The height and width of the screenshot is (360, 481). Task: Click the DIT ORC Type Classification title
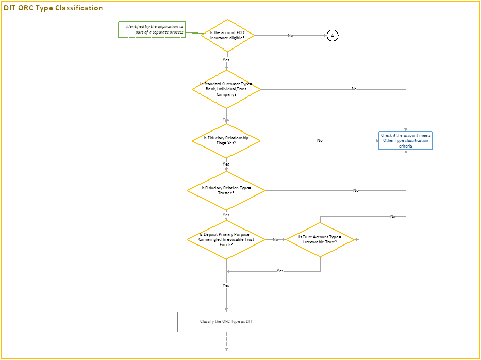pyautogui.click(x=54, y=8)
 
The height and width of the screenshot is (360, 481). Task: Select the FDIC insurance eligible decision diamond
pyautogui.click(x=226, y=36)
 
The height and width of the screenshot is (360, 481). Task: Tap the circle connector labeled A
pyautogui.click(x=333, y=35)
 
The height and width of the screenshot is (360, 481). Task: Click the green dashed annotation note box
pyautogui.click(x=152, y=30)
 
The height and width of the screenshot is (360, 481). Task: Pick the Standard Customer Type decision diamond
pyautogui.click(x=226, y=89)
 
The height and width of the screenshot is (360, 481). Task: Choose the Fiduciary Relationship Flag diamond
pyautogui.click(x=226, y=140)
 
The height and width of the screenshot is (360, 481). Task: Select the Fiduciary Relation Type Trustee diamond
pyautogui.click(x=226, y=190)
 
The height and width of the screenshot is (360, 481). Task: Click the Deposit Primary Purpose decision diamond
pyautogui.click(x=226, y=239)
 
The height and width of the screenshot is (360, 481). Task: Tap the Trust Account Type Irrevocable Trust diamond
pyautogui.click(x=320, y=239)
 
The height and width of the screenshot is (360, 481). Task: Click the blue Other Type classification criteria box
pyautogui.click(x=405, y=140)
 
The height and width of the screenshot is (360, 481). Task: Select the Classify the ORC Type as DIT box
pyautogui.click(x=226, y=321)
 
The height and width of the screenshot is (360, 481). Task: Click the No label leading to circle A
pyautogui.click(x=290, y=35)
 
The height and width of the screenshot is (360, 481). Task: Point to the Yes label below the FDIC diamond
pyautogui.click(x=226, y=60)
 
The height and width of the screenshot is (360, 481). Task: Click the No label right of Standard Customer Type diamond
pyautogui.click(x=354, y=89)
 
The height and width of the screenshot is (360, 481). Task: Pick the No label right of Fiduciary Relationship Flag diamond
pyautogui.click(x=320, y=140)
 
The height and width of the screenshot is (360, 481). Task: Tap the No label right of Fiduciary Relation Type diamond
pyautogui.click(x=356, y=190)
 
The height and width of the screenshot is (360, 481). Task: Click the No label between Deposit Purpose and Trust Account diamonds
pyautogui.click(x=275, y=239)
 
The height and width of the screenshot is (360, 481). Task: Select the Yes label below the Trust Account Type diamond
pyautogui.click(x=280, y=271)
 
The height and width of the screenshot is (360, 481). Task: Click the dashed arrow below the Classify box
pyautogui.click(x=226, y=341)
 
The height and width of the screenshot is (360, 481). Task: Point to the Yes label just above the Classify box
pyautogui.click(x=226, y=285)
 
